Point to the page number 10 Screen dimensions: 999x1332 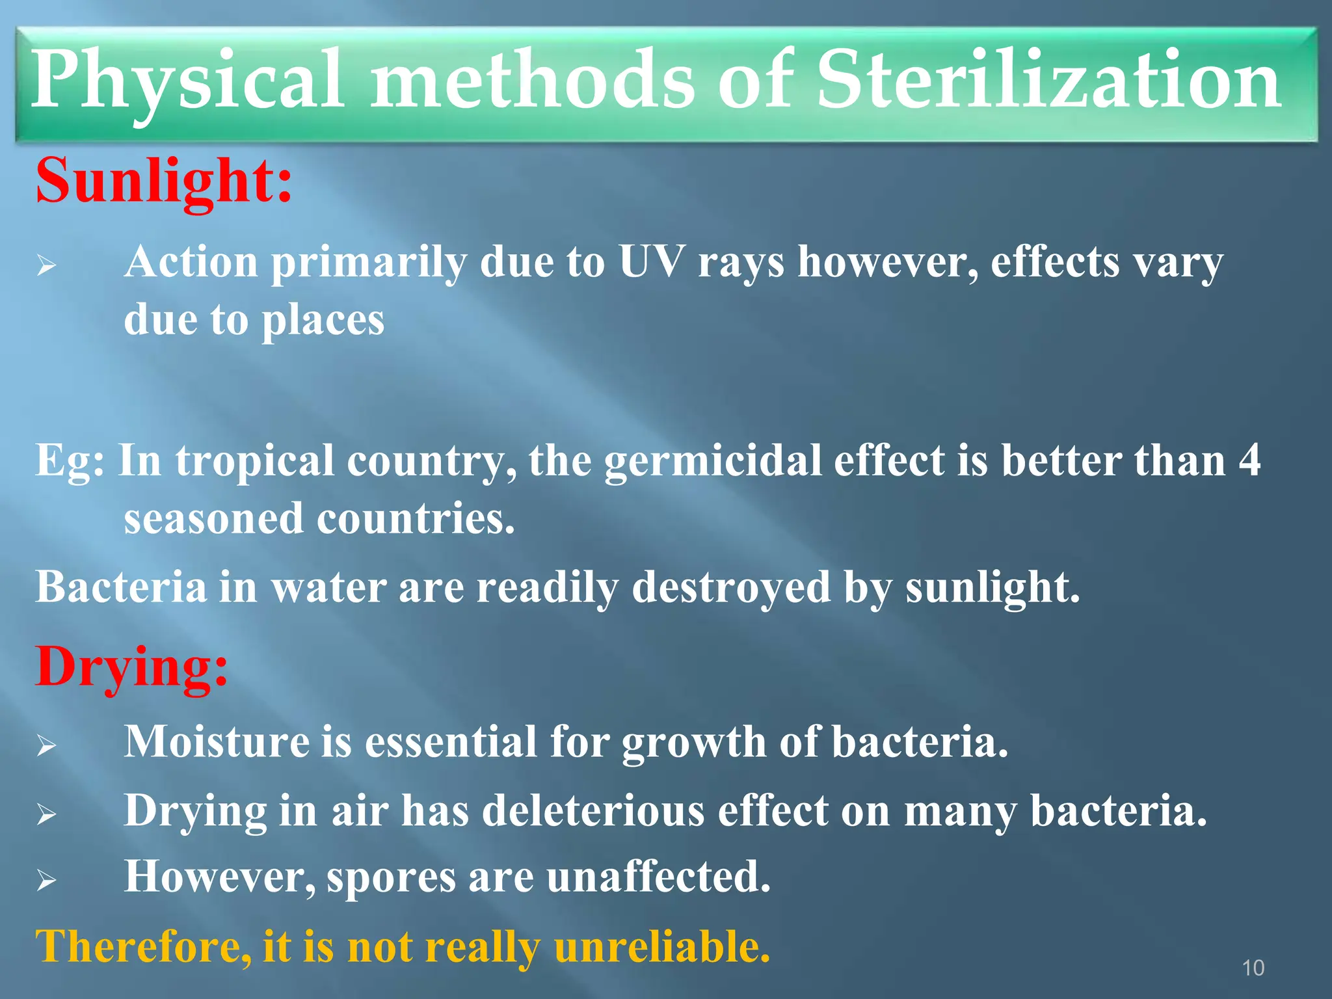(1253, 968)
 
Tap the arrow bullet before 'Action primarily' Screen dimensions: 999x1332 (46, 265)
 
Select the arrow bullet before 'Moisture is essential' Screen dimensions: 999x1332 (46, 745)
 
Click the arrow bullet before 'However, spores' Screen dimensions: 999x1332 (46, 881)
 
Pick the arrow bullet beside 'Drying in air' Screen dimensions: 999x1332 (46, 814)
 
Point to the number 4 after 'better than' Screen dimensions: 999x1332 (1249, 460)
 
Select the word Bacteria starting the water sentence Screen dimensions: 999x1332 (121, 587)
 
